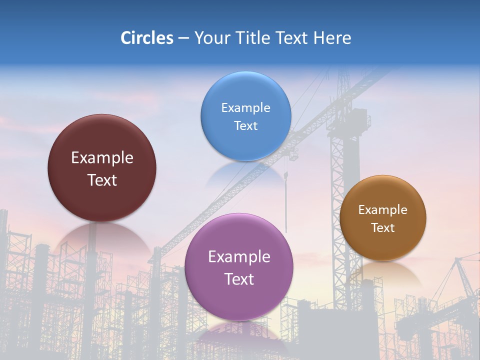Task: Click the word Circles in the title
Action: (x=146, y=38)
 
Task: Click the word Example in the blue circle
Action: (x=245, y=108)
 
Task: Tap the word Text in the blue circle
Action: (x=245, y=126)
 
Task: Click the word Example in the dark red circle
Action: (x=102, y=158)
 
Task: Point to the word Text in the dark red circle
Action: (x=102, y=180)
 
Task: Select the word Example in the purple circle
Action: (x=239, y=257)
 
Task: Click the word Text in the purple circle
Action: (x=239, y=279)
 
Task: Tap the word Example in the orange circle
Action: (x=383, y=210)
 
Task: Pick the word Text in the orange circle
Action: (x=383, y=228)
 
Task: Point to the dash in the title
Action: (x=183, y=38)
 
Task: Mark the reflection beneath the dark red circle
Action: (x=102, y=237)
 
